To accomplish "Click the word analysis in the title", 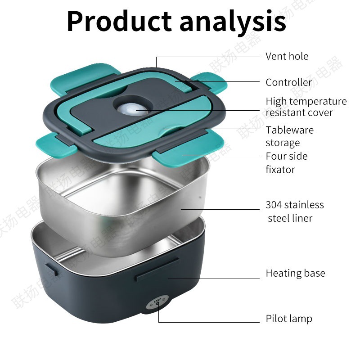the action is click(233, 21).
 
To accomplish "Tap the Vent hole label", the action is click(287, 56).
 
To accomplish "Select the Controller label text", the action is click(288, 82).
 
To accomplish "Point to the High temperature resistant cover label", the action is click(306, 107).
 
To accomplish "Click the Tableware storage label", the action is click(289, 136).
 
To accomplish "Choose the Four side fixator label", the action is click(287, 162).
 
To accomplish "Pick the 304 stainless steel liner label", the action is click(295, 211).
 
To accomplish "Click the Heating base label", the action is click(295, 273).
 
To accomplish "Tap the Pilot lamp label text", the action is click(289, 319).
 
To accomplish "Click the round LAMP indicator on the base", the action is click(157, 305).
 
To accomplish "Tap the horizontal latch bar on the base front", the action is click(157, 268).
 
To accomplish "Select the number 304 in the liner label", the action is click(274, 205).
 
